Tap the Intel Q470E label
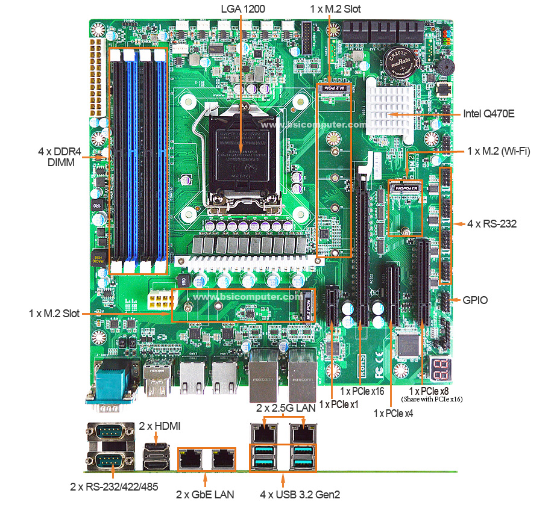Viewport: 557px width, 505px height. (x=488, y=113)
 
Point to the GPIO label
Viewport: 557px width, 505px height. (x=475, y=299)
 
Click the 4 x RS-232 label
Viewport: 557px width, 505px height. (x=492, y=223)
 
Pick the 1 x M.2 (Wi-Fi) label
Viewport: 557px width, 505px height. (x=498, y=151)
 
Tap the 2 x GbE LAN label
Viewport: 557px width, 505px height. (x=205, y=494)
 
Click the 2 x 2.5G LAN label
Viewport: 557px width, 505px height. (x=286, y=408)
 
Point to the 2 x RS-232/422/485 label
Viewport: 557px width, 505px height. (x=115, y=486)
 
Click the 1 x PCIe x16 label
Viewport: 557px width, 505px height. (x=363, y=391)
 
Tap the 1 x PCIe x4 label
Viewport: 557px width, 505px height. (x=393, y=413)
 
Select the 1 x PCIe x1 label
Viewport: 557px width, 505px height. (x=339, y=404)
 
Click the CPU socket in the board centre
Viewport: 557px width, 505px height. (x=239, y=153)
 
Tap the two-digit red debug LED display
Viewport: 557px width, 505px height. (x=438, y=366)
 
